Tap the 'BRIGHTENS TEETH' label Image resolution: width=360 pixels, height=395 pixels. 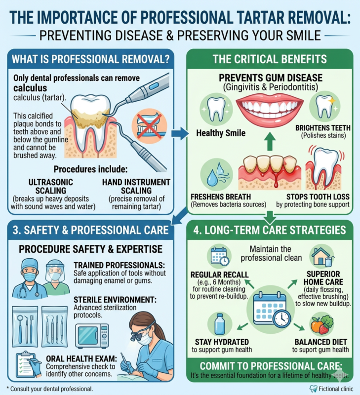323,127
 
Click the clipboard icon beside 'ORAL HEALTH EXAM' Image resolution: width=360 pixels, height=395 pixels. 27,364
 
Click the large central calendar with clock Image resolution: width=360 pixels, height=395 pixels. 271,309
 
